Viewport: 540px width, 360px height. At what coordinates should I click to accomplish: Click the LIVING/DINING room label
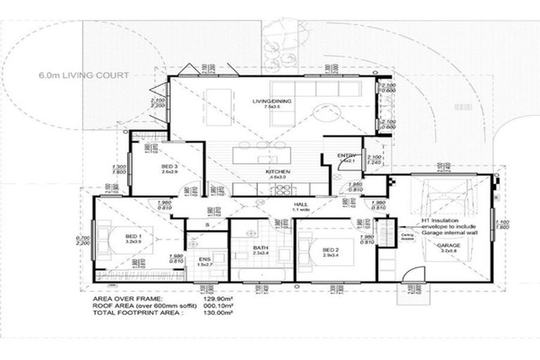click(x=272, y=102)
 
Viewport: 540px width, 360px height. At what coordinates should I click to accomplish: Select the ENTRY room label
click(x=345, y=155)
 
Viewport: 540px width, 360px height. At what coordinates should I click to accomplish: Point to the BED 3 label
click(x=169, y=166)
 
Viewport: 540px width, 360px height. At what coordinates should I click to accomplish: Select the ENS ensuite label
click(x=205, y=259)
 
